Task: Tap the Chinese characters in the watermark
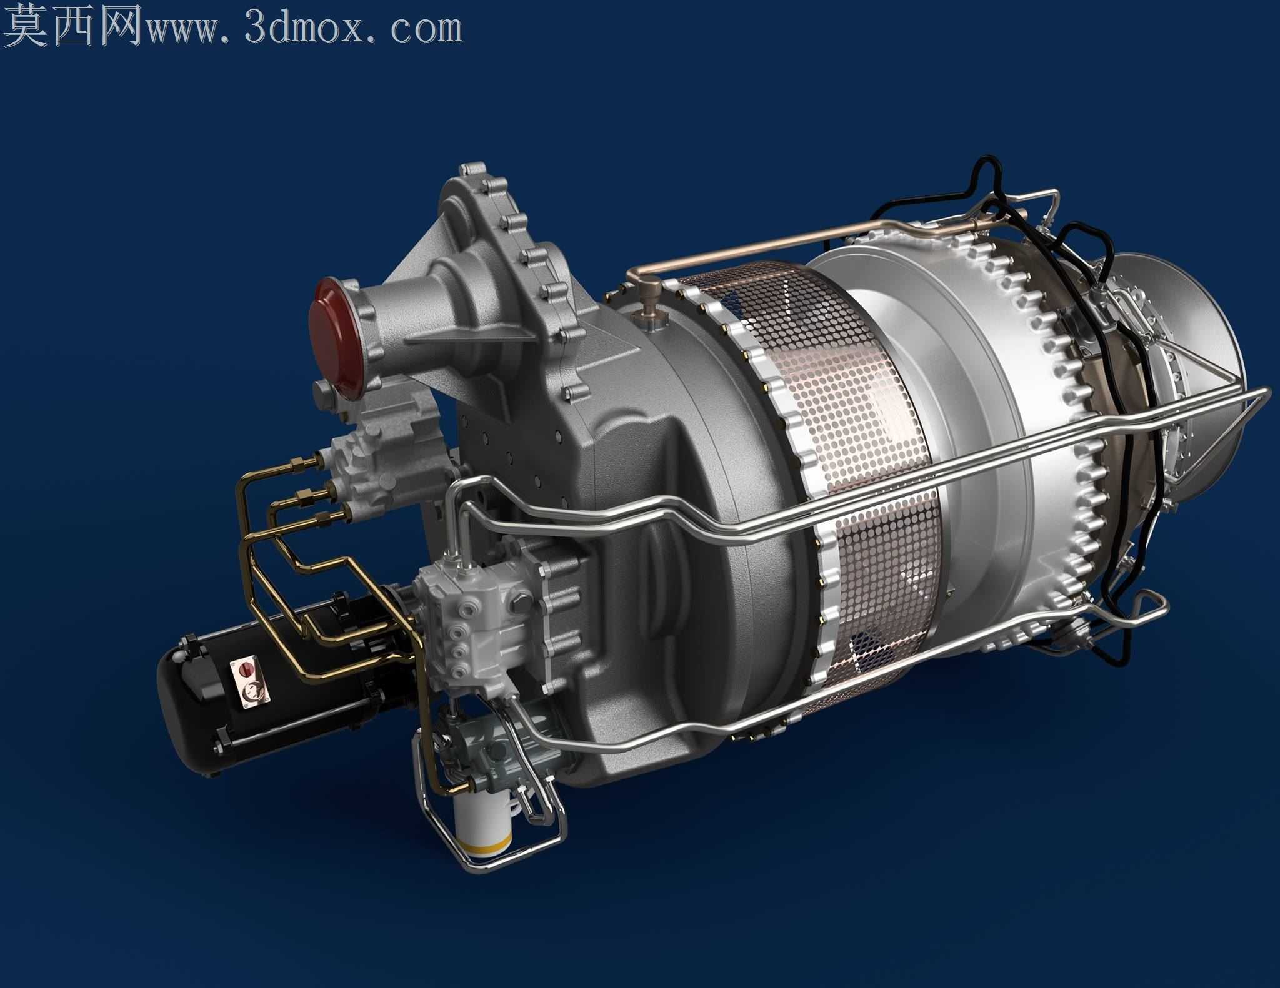click(x=72, y=25)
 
